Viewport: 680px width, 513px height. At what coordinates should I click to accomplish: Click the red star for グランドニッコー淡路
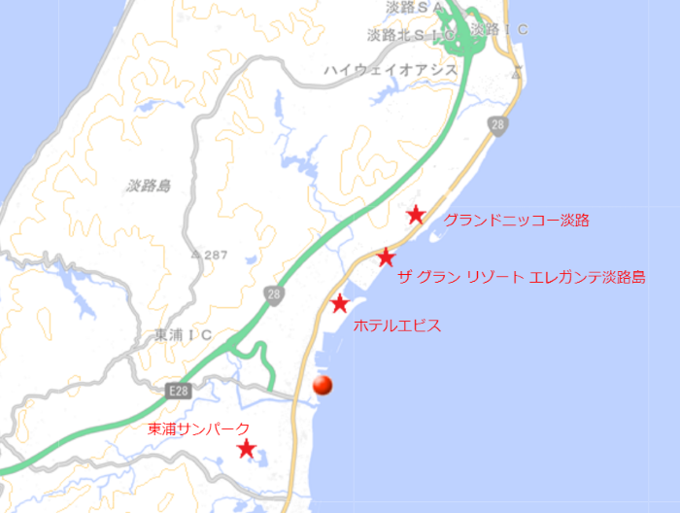(416, 215)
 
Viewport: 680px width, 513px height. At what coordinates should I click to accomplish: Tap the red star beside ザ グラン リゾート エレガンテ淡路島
(386, 257)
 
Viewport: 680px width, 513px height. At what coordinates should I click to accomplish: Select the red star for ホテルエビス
(339, 304)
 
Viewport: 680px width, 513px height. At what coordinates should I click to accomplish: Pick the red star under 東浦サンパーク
(247, 449)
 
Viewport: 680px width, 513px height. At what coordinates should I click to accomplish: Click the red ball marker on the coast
(323, 386)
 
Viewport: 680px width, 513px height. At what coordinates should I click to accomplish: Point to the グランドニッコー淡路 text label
(516, 221)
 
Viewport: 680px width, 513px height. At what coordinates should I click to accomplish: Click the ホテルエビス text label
(398, 325)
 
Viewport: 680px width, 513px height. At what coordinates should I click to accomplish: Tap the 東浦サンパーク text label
(199, 428)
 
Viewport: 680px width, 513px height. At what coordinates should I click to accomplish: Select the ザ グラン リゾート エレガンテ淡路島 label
(522, 277)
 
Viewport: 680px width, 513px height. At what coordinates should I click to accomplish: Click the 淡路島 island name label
(148, 185)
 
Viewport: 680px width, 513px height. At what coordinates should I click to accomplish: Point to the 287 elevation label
(216, 255)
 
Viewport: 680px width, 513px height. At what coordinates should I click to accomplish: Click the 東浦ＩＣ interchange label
(183, 335)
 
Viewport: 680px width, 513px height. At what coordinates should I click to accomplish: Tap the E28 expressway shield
(177, 391)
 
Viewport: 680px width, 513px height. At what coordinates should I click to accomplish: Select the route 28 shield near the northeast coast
(498, 124)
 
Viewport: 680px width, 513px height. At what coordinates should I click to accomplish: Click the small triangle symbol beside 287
(196, 255)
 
